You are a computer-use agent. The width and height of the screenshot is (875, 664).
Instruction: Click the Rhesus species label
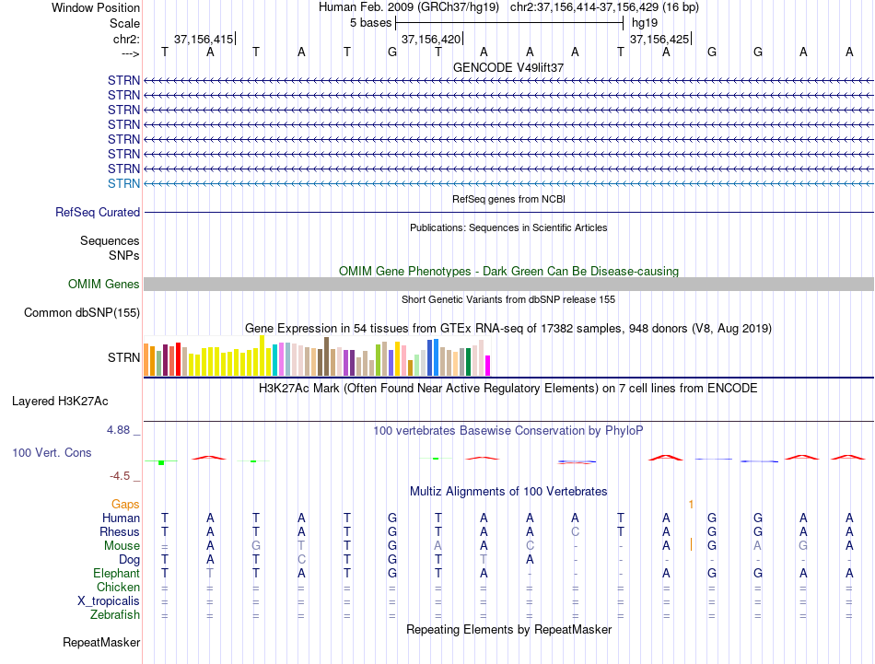coord(120,531)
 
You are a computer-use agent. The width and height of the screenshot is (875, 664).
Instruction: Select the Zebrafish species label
coord(115,615)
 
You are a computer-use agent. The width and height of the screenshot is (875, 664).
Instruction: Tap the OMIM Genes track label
coord(103,284)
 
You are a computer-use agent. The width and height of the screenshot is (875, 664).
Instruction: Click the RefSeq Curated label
coord(98,212)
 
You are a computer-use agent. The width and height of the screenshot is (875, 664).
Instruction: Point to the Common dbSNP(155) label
coord(81,312)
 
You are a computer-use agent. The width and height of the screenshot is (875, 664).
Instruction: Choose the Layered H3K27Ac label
coord(60,402)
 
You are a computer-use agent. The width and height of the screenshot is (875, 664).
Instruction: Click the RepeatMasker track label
coord(101,642)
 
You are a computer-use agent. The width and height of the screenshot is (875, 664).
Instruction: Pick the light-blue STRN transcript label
coord(123,183)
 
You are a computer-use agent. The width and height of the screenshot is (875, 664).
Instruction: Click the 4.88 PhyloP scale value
coord(118,430)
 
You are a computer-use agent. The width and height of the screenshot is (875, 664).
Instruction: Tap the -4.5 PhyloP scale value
coord(120,476)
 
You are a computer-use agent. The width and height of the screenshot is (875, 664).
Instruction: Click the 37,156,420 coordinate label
coord(431,39)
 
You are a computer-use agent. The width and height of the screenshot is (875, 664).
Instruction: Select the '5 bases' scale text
coord(370,23)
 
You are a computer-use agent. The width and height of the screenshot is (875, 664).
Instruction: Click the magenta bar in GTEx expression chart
coord(488,366)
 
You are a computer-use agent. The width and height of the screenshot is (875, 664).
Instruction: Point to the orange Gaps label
coord(125,504)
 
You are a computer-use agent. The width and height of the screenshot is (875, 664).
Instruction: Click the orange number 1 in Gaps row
coord(691,505)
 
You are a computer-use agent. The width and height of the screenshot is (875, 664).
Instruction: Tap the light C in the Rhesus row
coord(575,531)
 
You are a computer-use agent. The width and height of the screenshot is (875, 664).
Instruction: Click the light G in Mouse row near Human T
coord(255,546)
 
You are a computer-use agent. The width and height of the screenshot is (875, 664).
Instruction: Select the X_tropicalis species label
coord(109,601)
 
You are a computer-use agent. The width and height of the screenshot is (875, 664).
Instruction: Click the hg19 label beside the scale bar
coord(645,23)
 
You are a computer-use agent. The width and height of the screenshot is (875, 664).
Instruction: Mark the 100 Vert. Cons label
coord(52,452)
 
